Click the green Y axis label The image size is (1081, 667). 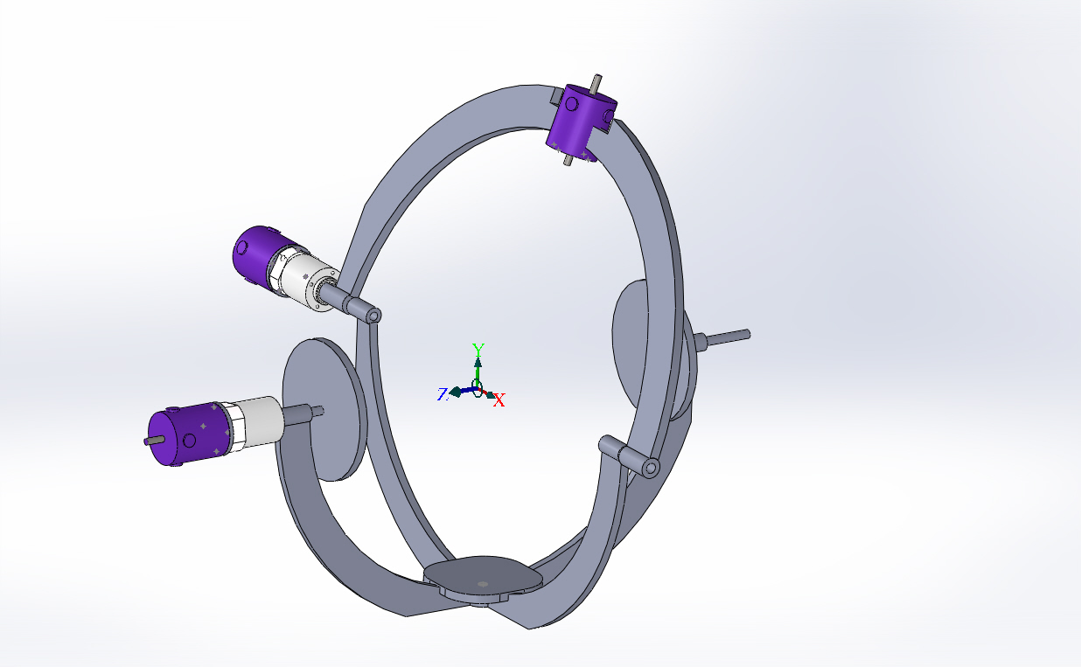(478, 349)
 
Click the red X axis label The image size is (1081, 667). (499, 400)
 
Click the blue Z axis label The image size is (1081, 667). (443, 394)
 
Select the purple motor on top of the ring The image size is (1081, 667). (581, 122)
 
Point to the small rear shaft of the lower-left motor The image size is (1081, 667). (153, 441)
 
